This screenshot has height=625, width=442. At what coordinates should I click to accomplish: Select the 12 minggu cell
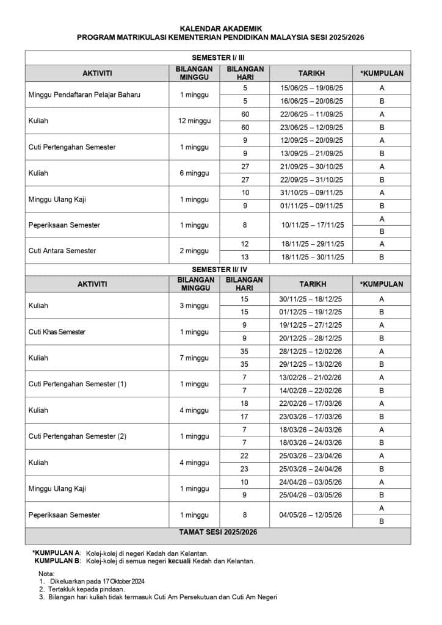click(x=194, y=121)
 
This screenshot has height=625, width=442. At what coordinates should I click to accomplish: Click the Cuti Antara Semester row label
click(x=62, y=251)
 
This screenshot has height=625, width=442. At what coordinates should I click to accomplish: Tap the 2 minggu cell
click(x=194, y=251)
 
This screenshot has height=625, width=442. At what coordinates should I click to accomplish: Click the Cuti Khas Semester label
click(x=57, y=331)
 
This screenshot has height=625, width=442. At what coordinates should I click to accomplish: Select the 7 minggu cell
click(x=194, y=358)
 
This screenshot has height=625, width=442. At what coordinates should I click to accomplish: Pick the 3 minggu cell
click(x=194, y=305)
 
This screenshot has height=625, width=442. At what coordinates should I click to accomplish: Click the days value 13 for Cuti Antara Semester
click(x=245, y=258)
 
